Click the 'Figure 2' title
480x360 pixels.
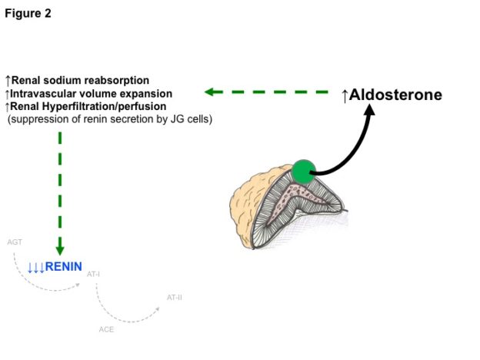point(28,14)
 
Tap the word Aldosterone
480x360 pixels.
point(395,95)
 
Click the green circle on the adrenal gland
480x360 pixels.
point(303,172)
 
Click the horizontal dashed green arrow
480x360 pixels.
point(266,92)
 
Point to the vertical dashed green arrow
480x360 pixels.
point(60,194)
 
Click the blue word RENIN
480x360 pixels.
point(63,267)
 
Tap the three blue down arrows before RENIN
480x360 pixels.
point(36,267)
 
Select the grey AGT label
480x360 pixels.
point(15,242)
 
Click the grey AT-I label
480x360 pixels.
point(93,274)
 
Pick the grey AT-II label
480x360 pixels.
point(174,298)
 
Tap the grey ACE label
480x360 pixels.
point(106,330)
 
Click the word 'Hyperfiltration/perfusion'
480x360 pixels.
point(105,106)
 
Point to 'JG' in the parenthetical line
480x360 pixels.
point(177,119)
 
